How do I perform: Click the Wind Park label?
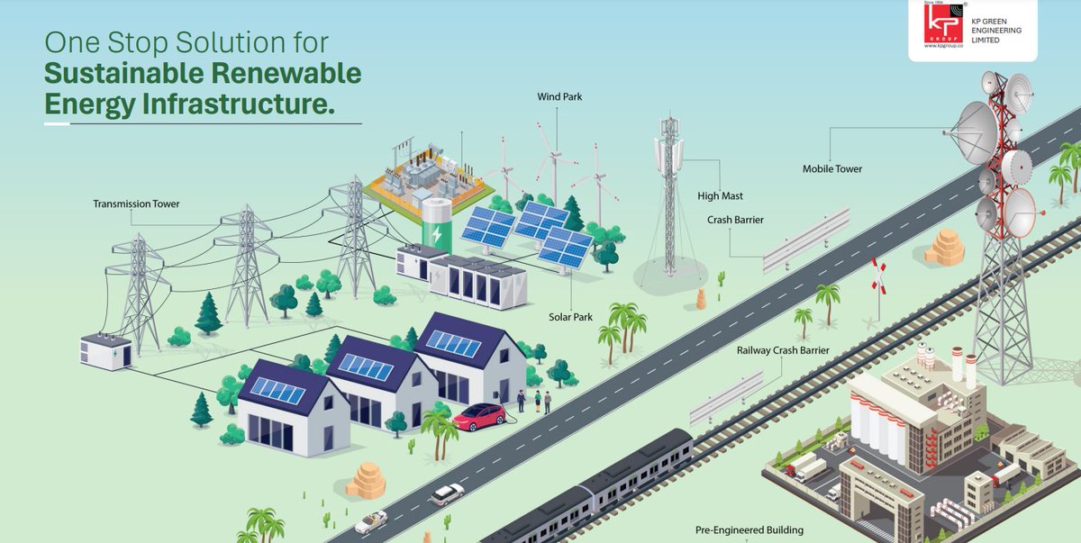click(x=559, y=96)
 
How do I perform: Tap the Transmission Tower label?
click(x=136, y=204)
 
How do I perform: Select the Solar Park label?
click(x=569, y=317)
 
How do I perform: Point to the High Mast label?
click(x=720, y=195)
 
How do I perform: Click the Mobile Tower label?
click(x=831, y=168)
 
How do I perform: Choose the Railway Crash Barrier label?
click(x=782, y=350)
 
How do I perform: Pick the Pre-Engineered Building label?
click(x=749, y=530)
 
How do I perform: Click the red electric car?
click(x=479, y=416)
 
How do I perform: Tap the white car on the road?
click(x=447, y=493)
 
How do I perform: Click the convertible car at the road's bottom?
click(x=370, y=522)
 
